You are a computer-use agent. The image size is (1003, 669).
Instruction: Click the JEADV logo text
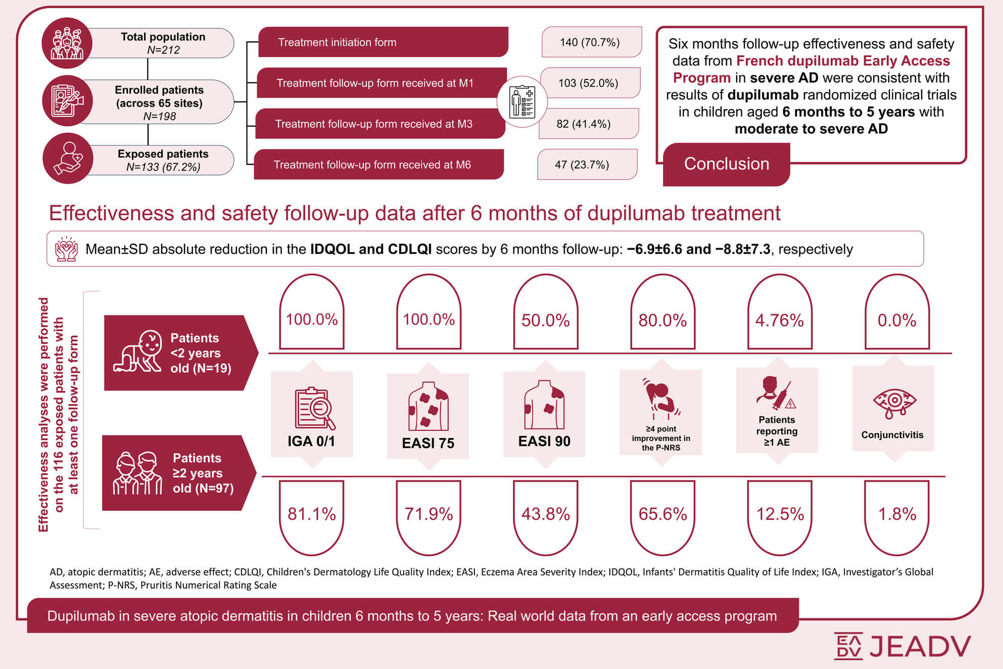[x=920, y=646]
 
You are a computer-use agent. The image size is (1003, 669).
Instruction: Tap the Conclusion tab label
[x=726, y=164]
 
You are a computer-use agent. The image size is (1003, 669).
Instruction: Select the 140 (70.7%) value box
[x=590, y=42]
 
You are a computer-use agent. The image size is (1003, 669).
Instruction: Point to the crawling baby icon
[x=138, y=352]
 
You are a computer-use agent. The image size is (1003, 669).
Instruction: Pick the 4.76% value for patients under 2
[x=779, y=320]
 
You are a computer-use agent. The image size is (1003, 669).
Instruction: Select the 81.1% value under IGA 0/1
[x=312, y=514]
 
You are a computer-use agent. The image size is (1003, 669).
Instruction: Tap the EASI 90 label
[x=544, y=441]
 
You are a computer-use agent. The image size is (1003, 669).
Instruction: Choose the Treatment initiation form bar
[x=383, y=42]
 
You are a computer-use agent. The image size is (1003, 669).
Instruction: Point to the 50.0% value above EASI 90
[x=546, y=320]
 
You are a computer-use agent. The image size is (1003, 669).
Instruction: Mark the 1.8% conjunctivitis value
[x=897, y=514]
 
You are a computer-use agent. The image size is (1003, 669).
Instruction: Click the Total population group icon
[x=67, y=43]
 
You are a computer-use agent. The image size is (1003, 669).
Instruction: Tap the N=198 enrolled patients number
[x=160, y=116]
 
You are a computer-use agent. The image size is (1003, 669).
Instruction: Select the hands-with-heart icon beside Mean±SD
[x=66, y=249]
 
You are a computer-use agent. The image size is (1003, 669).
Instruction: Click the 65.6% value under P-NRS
[x=662, y=514]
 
